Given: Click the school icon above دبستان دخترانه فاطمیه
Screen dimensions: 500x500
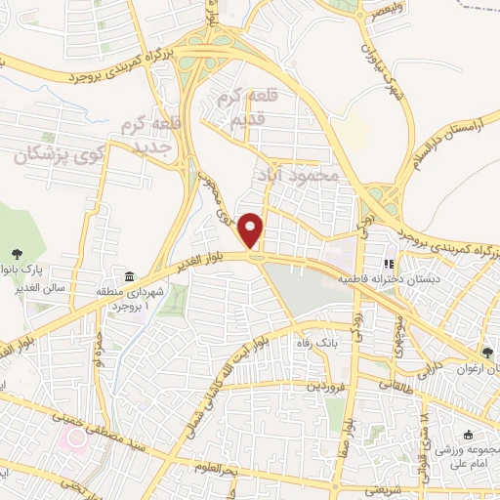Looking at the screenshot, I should click(389, 263).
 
